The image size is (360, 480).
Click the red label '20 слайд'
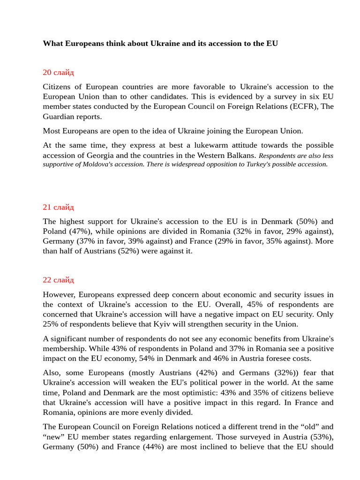click(58, 72)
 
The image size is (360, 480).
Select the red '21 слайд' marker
click(58, 207)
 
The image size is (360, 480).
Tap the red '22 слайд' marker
click(58, 280)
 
